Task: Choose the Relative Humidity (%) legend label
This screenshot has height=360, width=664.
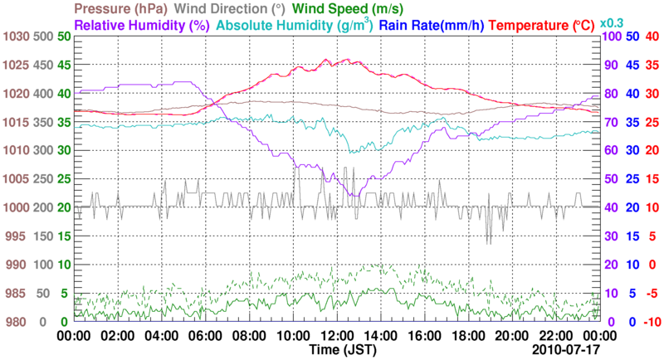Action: click(x=141, y=25)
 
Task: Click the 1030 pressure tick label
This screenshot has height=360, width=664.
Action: click(x=16, y=36)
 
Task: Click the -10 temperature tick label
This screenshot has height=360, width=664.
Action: click(x=652, y=322)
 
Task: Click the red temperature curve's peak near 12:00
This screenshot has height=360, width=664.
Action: click(x=325, y=60)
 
